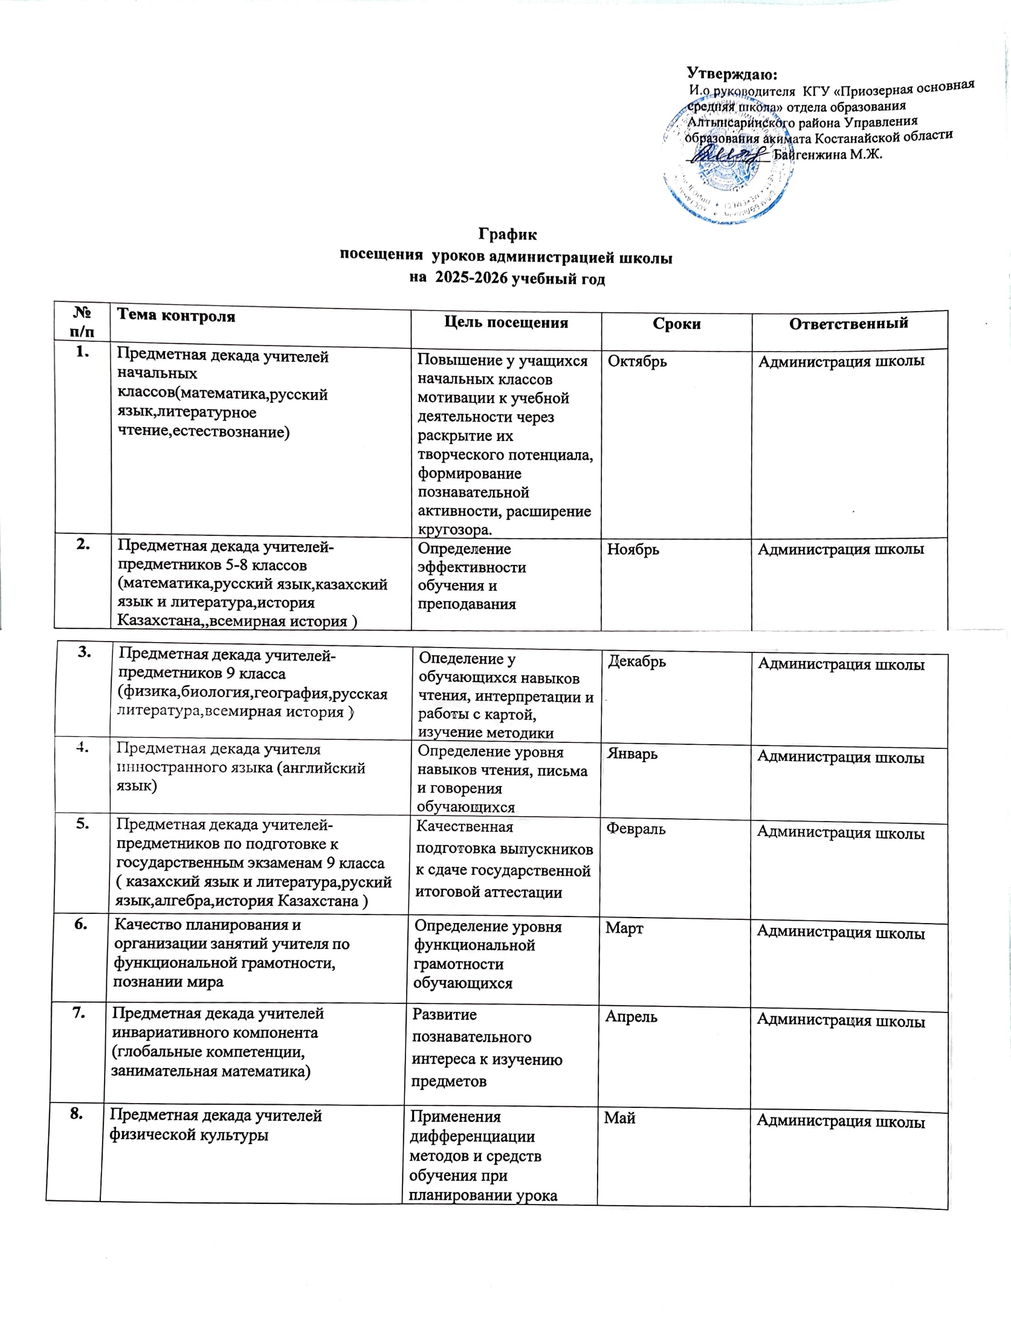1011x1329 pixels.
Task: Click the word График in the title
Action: (x=508, y=234)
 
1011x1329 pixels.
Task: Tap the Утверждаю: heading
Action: (x=732, y=74)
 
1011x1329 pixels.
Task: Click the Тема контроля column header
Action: (x=176, y=315)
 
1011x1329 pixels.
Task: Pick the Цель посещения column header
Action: (x=506, y=323)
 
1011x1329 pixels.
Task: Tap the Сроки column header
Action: (x=676, y=324)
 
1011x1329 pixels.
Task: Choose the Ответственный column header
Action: (x=848, y=323)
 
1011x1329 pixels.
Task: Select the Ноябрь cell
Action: (x=633, y=549)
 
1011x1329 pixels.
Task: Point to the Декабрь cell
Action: (x=636, y=661)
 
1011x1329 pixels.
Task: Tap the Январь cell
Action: (x=632, y=754)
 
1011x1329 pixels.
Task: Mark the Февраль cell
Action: (x=636, y=829)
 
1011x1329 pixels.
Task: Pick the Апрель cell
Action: (x=631, y=1017)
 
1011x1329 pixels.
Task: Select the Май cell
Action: (x=619, y=1118)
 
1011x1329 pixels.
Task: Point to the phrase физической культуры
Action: (x=189, y=1134)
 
